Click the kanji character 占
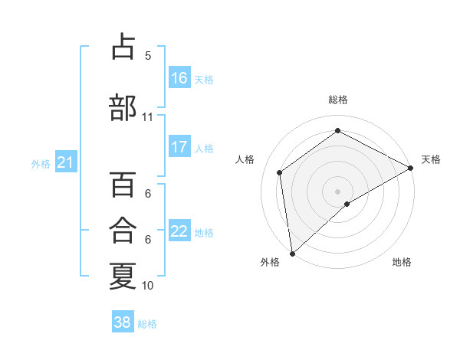click(123, 47)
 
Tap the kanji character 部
click(123, 108)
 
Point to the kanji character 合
click(123, 231)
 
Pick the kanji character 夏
click(123, 275)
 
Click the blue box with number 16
click(179, 78)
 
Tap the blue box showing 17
click(179, 147)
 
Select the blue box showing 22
click(179, 231)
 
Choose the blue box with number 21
click(66, 162)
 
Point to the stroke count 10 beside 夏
click(148, 286)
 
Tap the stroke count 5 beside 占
click(148, 55)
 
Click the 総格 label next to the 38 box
click(147, 324)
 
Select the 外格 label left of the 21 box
click(41, 163)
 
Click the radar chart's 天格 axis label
click(431, 159)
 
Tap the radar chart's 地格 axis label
click(402, 262)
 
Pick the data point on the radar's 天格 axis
click(411, 167)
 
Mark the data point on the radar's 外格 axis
click(292, 254)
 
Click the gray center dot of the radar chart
click(337, 191)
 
